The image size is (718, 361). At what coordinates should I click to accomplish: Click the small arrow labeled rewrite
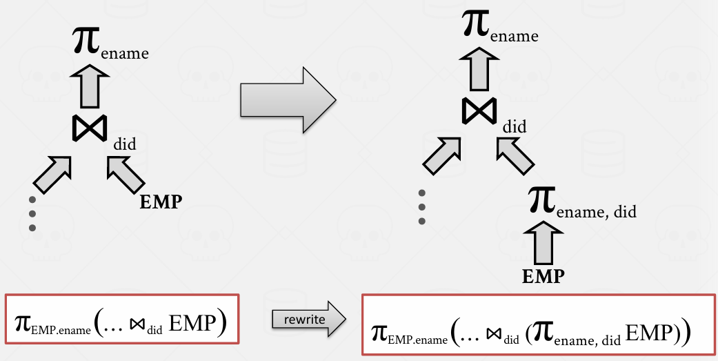click(x=307, y=319)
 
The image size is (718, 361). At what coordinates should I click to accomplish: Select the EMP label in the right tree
click(x=543, y=277)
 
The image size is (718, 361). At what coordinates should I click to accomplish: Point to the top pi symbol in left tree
click(x=86, y=41)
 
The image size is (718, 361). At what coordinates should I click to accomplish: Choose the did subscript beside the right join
click(x=515, y=126)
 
